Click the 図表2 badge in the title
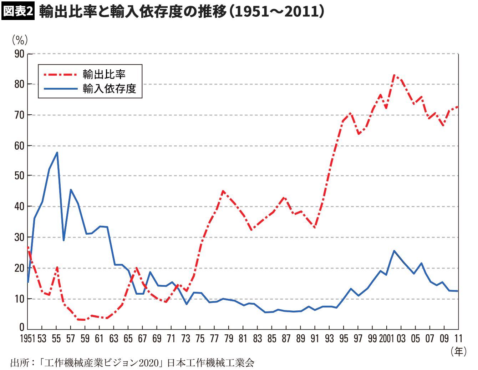(x=18, y=11)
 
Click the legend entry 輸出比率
(x=104, y=74)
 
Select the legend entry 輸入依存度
(x=110, y=88)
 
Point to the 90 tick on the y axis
(x=19, y=54)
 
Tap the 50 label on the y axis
(x=19, y=176)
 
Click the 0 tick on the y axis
(x=22, y=327)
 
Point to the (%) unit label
(x=20, y=40)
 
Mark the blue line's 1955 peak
(x=57, y=152)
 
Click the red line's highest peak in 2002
(x=394, y=75)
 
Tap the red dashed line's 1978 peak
(x=223, y=191)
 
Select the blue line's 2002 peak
(x=394, y=251)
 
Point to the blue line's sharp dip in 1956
(x=63, y=240)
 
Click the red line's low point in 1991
(x=315, y=227)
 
